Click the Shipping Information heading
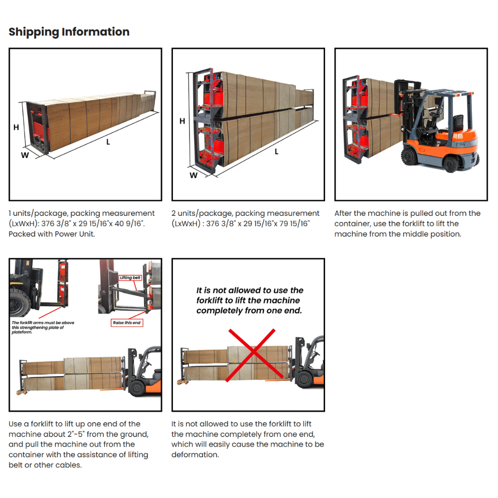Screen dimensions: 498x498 (69, 32)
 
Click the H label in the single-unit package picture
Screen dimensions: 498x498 (16, 127)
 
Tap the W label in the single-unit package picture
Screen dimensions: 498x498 (24, 155)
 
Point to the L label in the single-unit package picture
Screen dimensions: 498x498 (108, 142)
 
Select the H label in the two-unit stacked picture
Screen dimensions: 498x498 (182, 121)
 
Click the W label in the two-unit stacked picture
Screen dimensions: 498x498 (194, 175)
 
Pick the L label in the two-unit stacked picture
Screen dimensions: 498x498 (277, 151)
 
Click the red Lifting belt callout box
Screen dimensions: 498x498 (130, 278)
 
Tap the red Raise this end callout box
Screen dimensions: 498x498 (127, 323)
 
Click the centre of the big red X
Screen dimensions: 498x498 (251, 355)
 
